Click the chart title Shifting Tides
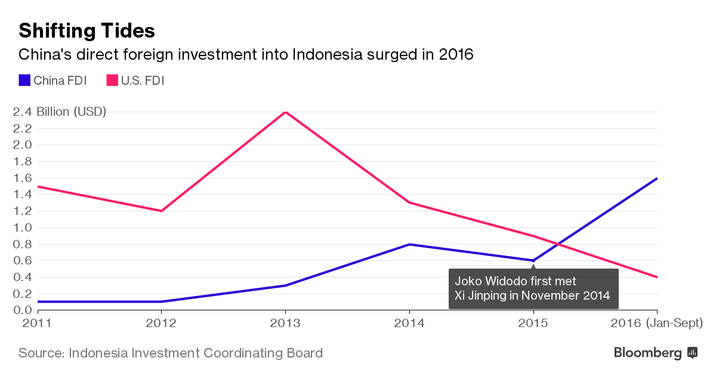(x=87, y=30)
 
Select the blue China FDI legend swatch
(x=24, y=80)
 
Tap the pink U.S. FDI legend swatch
(x=112, y=80)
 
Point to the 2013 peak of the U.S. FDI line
(x=286, y=112)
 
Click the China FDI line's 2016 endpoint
(x=657, y=178)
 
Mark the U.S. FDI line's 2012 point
(x=161, y=211)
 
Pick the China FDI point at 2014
(x=409, y=244)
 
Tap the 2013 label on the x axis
(x=285, y=323)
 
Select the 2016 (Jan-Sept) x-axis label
(x=657, y=323)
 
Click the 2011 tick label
(x=20, y=323)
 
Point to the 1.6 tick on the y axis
(x=23, y=178)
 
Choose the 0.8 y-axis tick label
(x=23, y=244)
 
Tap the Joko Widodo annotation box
(x=533, y=288)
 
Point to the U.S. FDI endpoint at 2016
(x=657, y=277)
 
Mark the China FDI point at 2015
(x=533, y=260)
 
